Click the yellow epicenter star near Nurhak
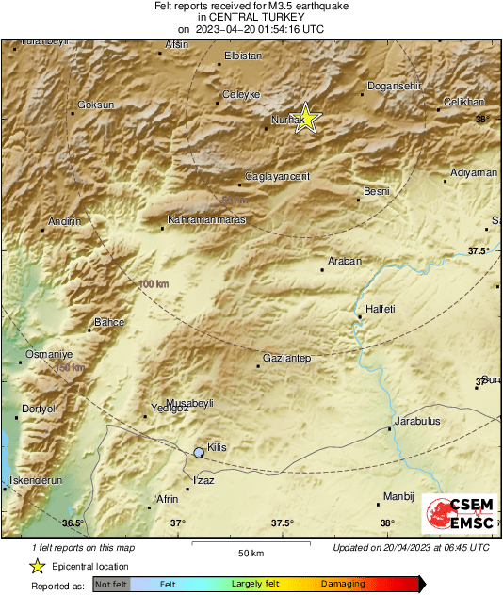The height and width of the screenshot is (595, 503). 306,119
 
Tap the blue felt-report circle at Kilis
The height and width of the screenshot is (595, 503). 199,453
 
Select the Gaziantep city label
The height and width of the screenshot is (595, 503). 286,359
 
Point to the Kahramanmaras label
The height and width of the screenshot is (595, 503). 205,219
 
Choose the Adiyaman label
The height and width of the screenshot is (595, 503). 474,173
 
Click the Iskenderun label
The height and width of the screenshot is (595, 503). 35,480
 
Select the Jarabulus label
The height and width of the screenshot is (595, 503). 417,421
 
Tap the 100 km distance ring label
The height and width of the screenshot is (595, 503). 153,283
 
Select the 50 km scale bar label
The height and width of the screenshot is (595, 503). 250,553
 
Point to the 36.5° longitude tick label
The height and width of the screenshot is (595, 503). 73,523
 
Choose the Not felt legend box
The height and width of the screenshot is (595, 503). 111,585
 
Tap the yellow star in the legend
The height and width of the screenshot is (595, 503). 38,567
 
